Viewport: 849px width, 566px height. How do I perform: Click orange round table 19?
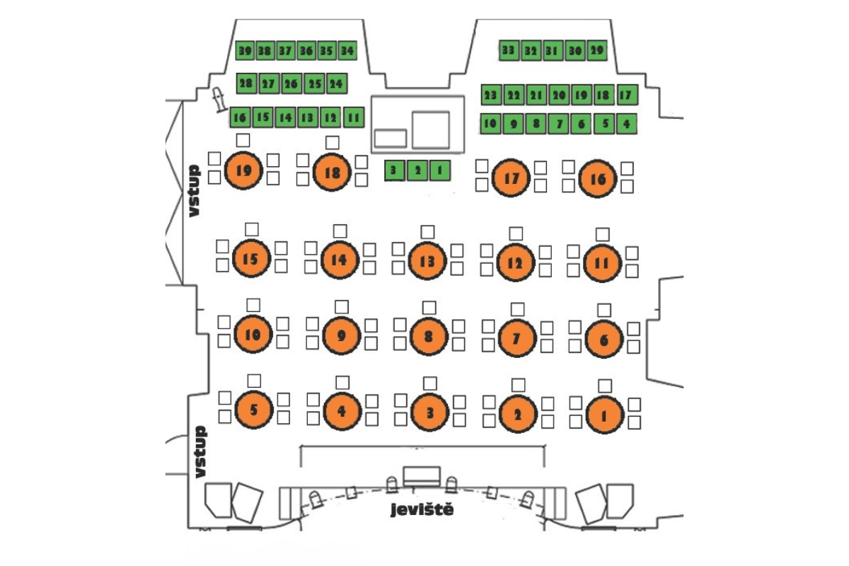(x=243, y=170)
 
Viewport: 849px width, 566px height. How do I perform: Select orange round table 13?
(x=427, y=261)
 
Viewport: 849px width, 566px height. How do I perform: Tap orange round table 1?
(x=603, y=415)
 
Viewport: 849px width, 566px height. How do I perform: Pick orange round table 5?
(x=253, y=409)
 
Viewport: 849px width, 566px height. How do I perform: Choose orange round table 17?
(x=511, y=178)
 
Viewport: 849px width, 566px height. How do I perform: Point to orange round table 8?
(x=427, y=336)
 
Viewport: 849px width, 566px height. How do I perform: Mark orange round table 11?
(x=602, y=263)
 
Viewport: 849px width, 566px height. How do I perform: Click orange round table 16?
(x=598, y=179)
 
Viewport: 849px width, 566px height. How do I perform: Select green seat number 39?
(x=246, y=51)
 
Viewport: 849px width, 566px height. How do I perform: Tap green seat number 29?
(x=597, y=50)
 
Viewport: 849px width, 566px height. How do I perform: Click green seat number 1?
(x=439, y=170)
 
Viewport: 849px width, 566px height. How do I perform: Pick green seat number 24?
(x=337, y=83)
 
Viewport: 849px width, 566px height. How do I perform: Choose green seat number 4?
(x=626, y=124)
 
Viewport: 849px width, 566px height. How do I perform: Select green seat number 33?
(x=508, y=50)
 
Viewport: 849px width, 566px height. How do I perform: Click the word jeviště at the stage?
(x=422, y=510)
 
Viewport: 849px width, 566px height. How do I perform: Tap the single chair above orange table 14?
(x=340, y=231)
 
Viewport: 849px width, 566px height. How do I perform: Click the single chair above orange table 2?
(x=519, y=385)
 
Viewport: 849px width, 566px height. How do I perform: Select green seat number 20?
(x=558, y=95)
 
